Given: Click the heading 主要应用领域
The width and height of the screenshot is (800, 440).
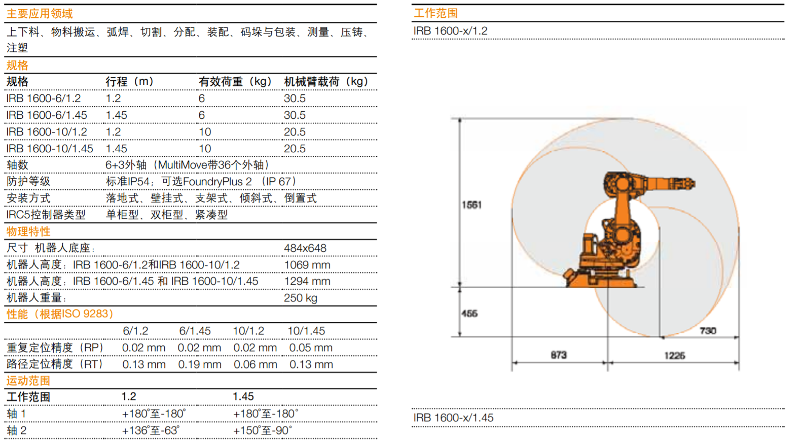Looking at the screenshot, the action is [40, 14].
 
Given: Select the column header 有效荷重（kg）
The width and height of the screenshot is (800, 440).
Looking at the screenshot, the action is [235, 82].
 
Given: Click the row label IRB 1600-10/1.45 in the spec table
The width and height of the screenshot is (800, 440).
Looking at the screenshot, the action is [50, 148].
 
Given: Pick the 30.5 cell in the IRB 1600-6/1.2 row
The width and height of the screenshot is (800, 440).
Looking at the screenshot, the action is [295, 98].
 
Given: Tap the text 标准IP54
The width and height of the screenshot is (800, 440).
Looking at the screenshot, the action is [127, 182].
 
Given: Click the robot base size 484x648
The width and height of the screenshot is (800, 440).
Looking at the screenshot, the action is [305, 248].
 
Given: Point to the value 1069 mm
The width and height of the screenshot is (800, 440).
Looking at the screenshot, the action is [307, 265].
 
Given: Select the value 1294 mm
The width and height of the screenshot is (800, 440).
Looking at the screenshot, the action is [307, 281].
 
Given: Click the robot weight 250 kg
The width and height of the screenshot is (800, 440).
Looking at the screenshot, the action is [300, 298].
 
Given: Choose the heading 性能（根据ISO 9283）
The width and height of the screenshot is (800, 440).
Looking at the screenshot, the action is [60, 314].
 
